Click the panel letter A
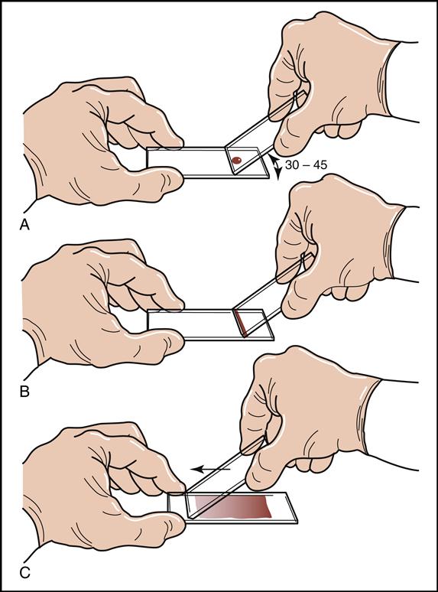coord(24,226)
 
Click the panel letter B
coord(24,392)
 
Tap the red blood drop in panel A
coord(236,160)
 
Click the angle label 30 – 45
coord(306,165)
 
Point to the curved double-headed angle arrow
coord(276,168)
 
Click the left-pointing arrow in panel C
coord(210,470)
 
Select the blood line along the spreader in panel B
coord(241,324)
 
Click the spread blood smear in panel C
coord(232,507)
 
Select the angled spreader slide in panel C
coord(226,477)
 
